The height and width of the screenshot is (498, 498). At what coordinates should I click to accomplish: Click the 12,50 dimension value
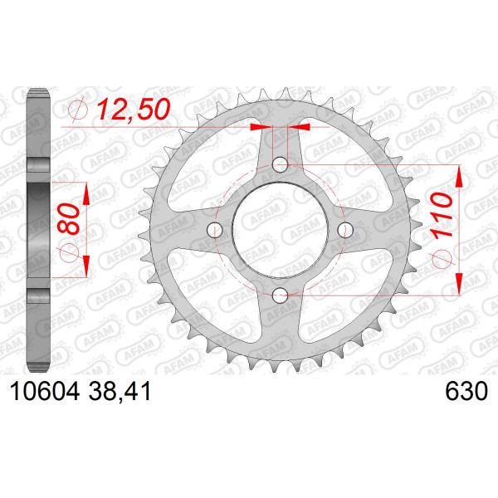coord(134,110)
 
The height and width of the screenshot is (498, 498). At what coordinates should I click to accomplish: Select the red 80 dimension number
coord(69,219)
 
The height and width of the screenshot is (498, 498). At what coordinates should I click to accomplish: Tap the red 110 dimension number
coord(442,215)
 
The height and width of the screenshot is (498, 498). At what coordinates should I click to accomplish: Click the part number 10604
coord(45,391)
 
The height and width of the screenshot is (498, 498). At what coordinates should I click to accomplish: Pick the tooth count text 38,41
coord(120,392)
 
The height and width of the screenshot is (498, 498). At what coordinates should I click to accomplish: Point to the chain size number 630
coord(466,391)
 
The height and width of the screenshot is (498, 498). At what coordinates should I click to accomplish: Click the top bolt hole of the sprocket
coord(281,164)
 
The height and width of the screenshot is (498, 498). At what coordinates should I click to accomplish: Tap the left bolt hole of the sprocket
coord(215,230)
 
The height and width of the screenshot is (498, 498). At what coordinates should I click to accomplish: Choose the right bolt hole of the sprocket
coord(345,230)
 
